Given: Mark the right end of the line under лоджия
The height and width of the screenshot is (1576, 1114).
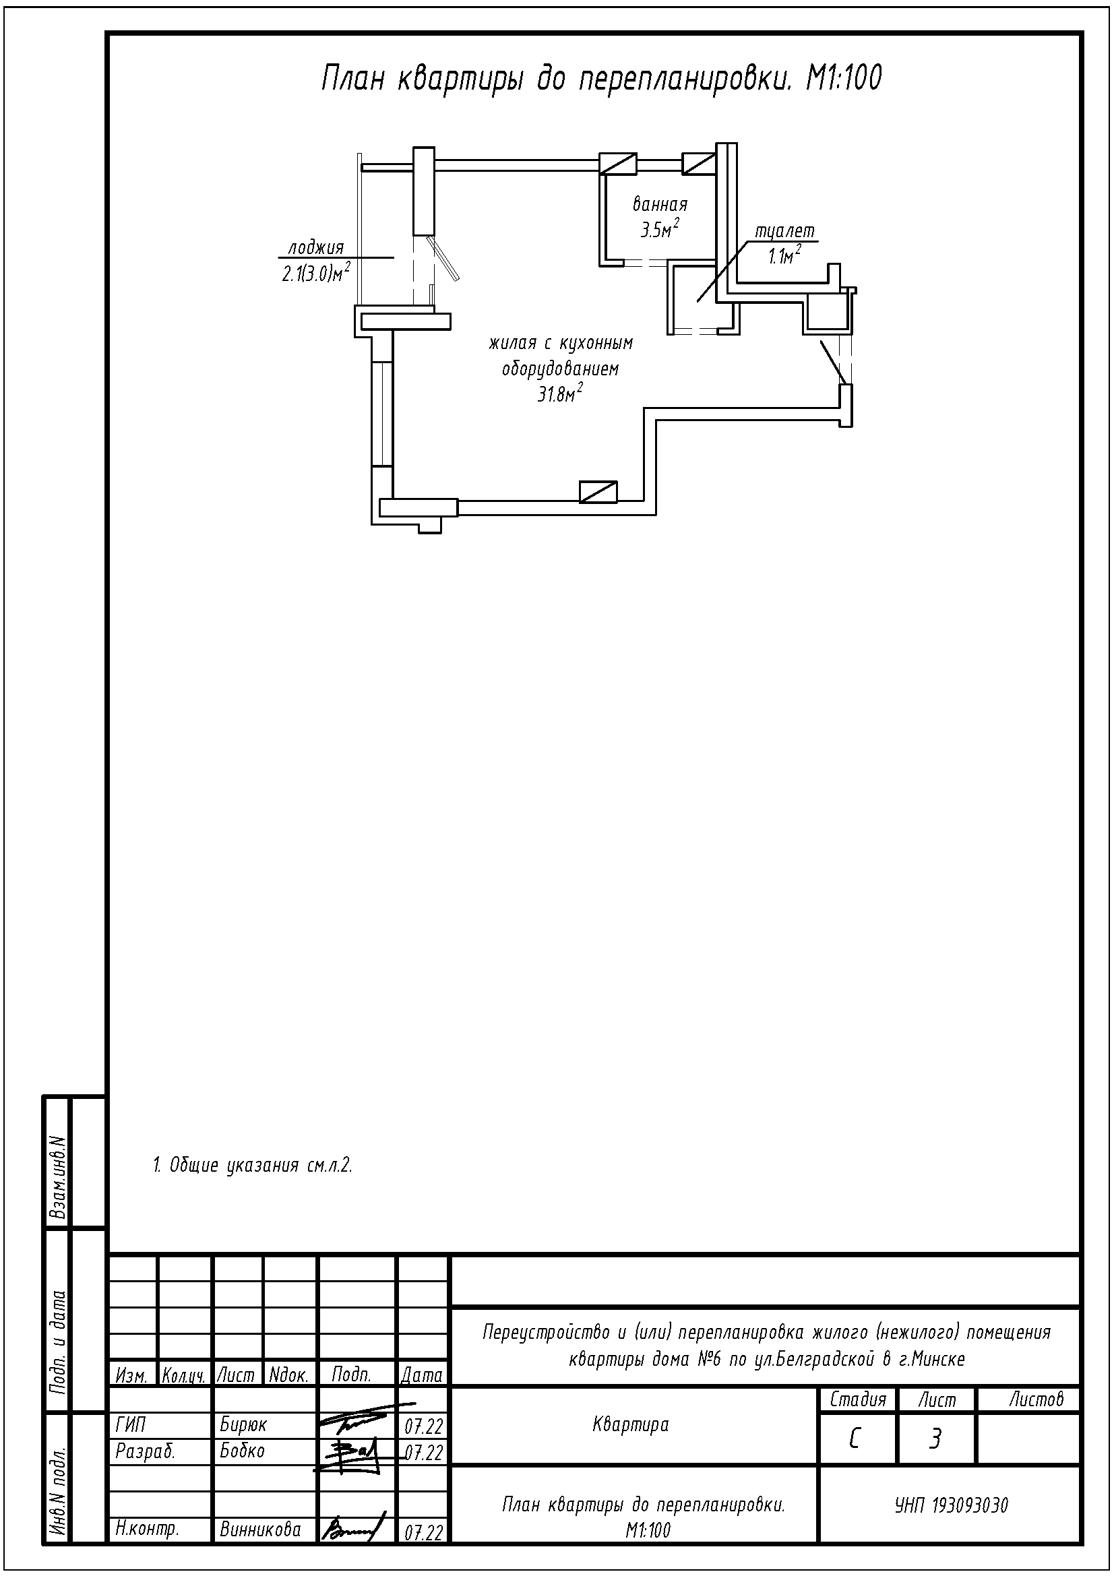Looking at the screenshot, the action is point(394,257).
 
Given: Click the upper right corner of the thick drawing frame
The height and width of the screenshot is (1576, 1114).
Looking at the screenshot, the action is point(1082,33).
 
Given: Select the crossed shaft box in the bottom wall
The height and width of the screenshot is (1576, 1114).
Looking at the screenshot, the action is point(598,492).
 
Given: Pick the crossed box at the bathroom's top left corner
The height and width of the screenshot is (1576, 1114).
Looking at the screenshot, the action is point(619,163).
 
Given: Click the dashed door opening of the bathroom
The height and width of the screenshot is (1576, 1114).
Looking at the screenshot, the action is point(646,262).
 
